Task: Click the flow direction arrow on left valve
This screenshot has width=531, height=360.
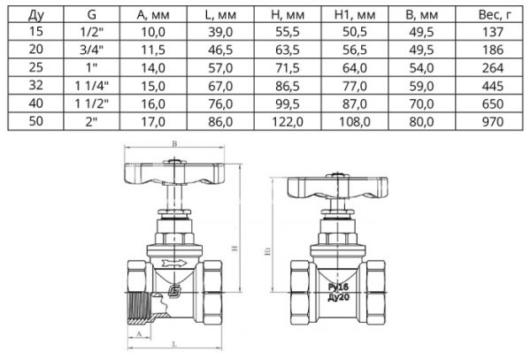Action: (178, 263)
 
